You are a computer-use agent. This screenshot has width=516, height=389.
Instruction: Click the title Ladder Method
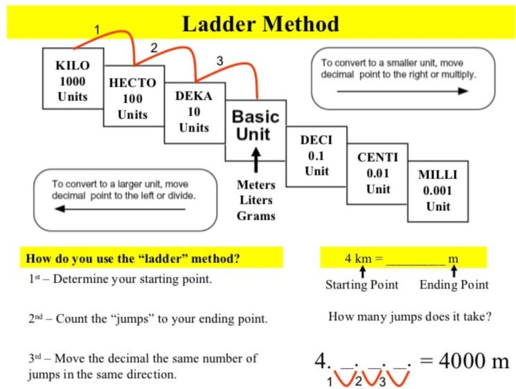260,25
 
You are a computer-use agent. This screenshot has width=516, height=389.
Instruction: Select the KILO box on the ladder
72,79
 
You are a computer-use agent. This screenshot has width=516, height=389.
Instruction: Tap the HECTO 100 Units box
132,98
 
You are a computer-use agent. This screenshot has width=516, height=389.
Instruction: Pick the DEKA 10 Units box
194,112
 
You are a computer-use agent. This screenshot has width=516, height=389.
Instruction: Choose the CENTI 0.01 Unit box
377,173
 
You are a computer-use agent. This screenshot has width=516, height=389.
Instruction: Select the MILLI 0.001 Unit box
438,190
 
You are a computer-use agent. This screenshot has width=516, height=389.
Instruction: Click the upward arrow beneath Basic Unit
256,159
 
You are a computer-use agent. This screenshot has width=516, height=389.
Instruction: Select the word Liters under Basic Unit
256,200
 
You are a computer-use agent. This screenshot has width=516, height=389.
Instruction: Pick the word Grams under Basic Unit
256,216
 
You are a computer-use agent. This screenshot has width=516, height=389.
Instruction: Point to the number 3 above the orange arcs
220,61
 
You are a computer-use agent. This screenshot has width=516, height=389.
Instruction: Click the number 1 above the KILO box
98,30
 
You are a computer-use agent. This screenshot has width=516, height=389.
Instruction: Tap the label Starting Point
362,285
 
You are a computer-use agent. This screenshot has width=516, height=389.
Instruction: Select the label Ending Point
454,285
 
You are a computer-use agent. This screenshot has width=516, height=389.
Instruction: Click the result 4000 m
465,361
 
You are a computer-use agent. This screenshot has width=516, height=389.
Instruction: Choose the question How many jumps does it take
410,317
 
